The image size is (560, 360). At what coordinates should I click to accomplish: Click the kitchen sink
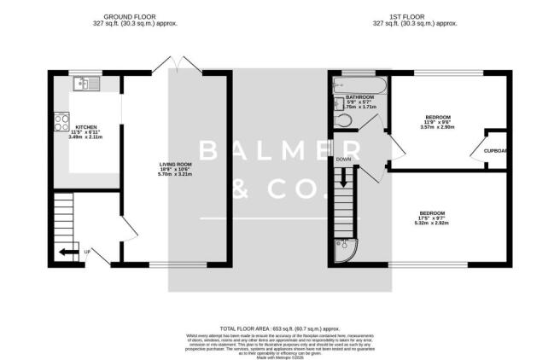coord(86,84)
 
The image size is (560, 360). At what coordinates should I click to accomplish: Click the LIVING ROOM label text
coord(175,165)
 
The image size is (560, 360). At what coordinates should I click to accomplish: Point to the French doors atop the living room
coord(175,65)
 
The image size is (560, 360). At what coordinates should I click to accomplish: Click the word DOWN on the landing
coord(343,160)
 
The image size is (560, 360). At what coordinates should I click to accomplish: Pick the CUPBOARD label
coord(496,153)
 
